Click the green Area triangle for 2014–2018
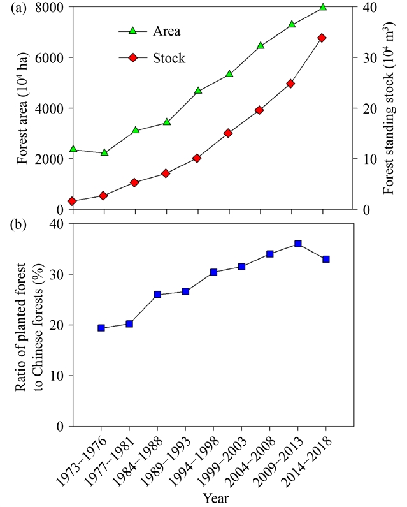coord(322,7)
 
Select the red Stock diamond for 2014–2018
coord(322,38)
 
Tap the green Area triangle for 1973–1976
coord(73,149)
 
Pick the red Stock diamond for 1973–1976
coord(73,202)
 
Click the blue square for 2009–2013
coord(298,244)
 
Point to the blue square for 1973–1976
coord(101,328)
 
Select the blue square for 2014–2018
coord(326,259)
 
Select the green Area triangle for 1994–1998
coord(198,91)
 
